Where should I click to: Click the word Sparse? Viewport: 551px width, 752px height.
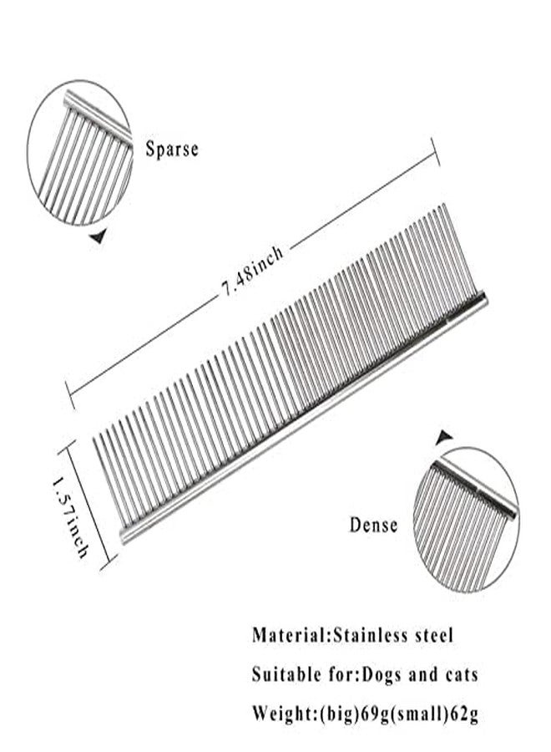click(171, 149)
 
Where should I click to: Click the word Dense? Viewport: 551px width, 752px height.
click(374, 525)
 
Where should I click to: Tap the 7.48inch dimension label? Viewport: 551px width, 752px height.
click(252, 272)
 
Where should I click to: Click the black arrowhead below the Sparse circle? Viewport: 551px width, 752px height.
click(99, 236)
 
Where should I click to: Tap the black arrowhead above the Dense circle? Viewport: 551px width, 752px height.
click(444, 436)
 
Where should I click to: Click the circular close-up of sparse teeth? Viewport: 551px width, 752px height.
click(79, 153)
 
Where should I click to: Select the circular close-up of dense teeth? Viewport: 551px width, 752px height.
click(465, 520)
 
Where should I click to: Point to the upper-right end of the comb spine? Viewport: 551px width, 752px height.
click(484, 297)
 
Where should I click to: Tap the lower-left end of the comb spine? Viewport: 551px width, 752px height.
click(123, 536)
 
